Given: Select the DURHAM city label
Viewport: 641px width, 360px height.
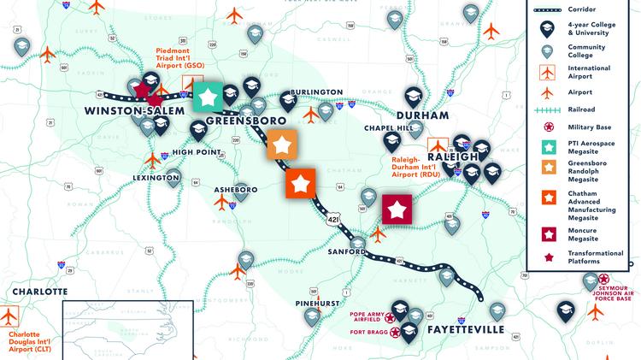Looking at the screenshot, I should [x=422, y=115].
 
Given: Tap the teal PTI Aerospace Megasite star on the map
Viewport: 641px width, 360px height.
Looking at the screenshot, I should [x=208, y=97].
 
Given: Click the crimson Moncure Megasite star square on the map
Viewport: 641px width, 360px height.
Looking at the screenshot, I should [x=397, y=209].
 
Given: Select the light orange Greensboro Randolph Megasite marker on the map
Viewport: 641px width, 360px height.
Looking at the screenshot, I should [x=282, y=145].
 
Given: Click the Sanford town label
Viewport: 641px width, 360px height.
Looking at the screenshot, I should [x=346, y=252].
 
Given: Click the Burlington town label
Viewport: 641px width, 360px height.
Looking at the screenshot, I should [x=293, y=91].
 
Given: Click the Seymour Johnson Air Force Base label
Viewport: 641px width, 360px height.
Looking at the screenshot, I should [x=610, y=287].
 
